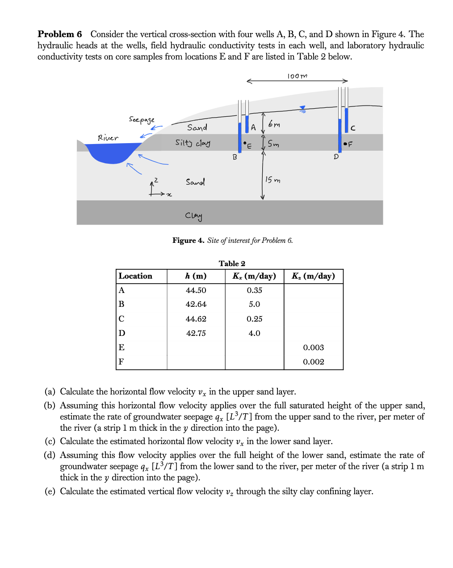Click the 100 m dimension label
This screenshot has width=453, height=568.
[x=297, y=76]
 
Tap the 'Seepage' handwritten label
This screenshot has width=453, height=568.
[x=142, y=119]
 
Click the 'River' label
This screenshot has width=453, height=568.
[x=108, y=138]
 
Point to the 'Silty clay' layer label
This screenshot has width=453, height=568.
[x=193, y=143]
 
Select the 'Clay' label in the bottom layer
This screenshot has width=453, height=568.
[x=194, y=216]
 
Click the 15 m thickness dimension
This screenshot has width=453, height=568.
[x=273, y=180]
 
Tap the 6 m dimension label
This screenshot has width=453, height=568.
[x=274, y=124]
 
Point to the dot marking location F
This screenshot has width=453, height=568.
[x=345, y=144]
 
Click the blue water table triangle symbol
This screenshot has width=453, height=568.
[x=302, y=108]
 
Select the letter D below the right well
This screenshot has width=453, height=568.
[x=336, y=157]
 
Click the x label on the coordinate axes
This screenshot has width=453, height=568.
[x=169, y=195]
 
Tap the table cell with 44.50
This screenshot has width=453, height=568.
[x=196, y=290]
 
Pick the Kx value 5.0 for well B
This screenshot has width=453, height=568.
[x=254, y=304]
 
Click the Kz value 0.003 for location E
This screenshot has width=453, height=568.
[x=313, y=348]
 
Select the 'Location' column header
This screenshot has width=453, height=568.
[x=135, y=276]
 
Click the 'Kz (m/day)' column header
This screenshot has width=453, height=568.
[x=313, y=276]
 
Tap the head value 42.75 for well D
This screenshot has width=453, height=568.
[x=196, y=333]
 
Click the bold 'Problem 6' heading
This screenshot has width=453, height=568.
[x=60, y=34]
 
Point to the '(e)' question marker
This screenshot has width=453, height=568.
[x=50, y=492]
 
